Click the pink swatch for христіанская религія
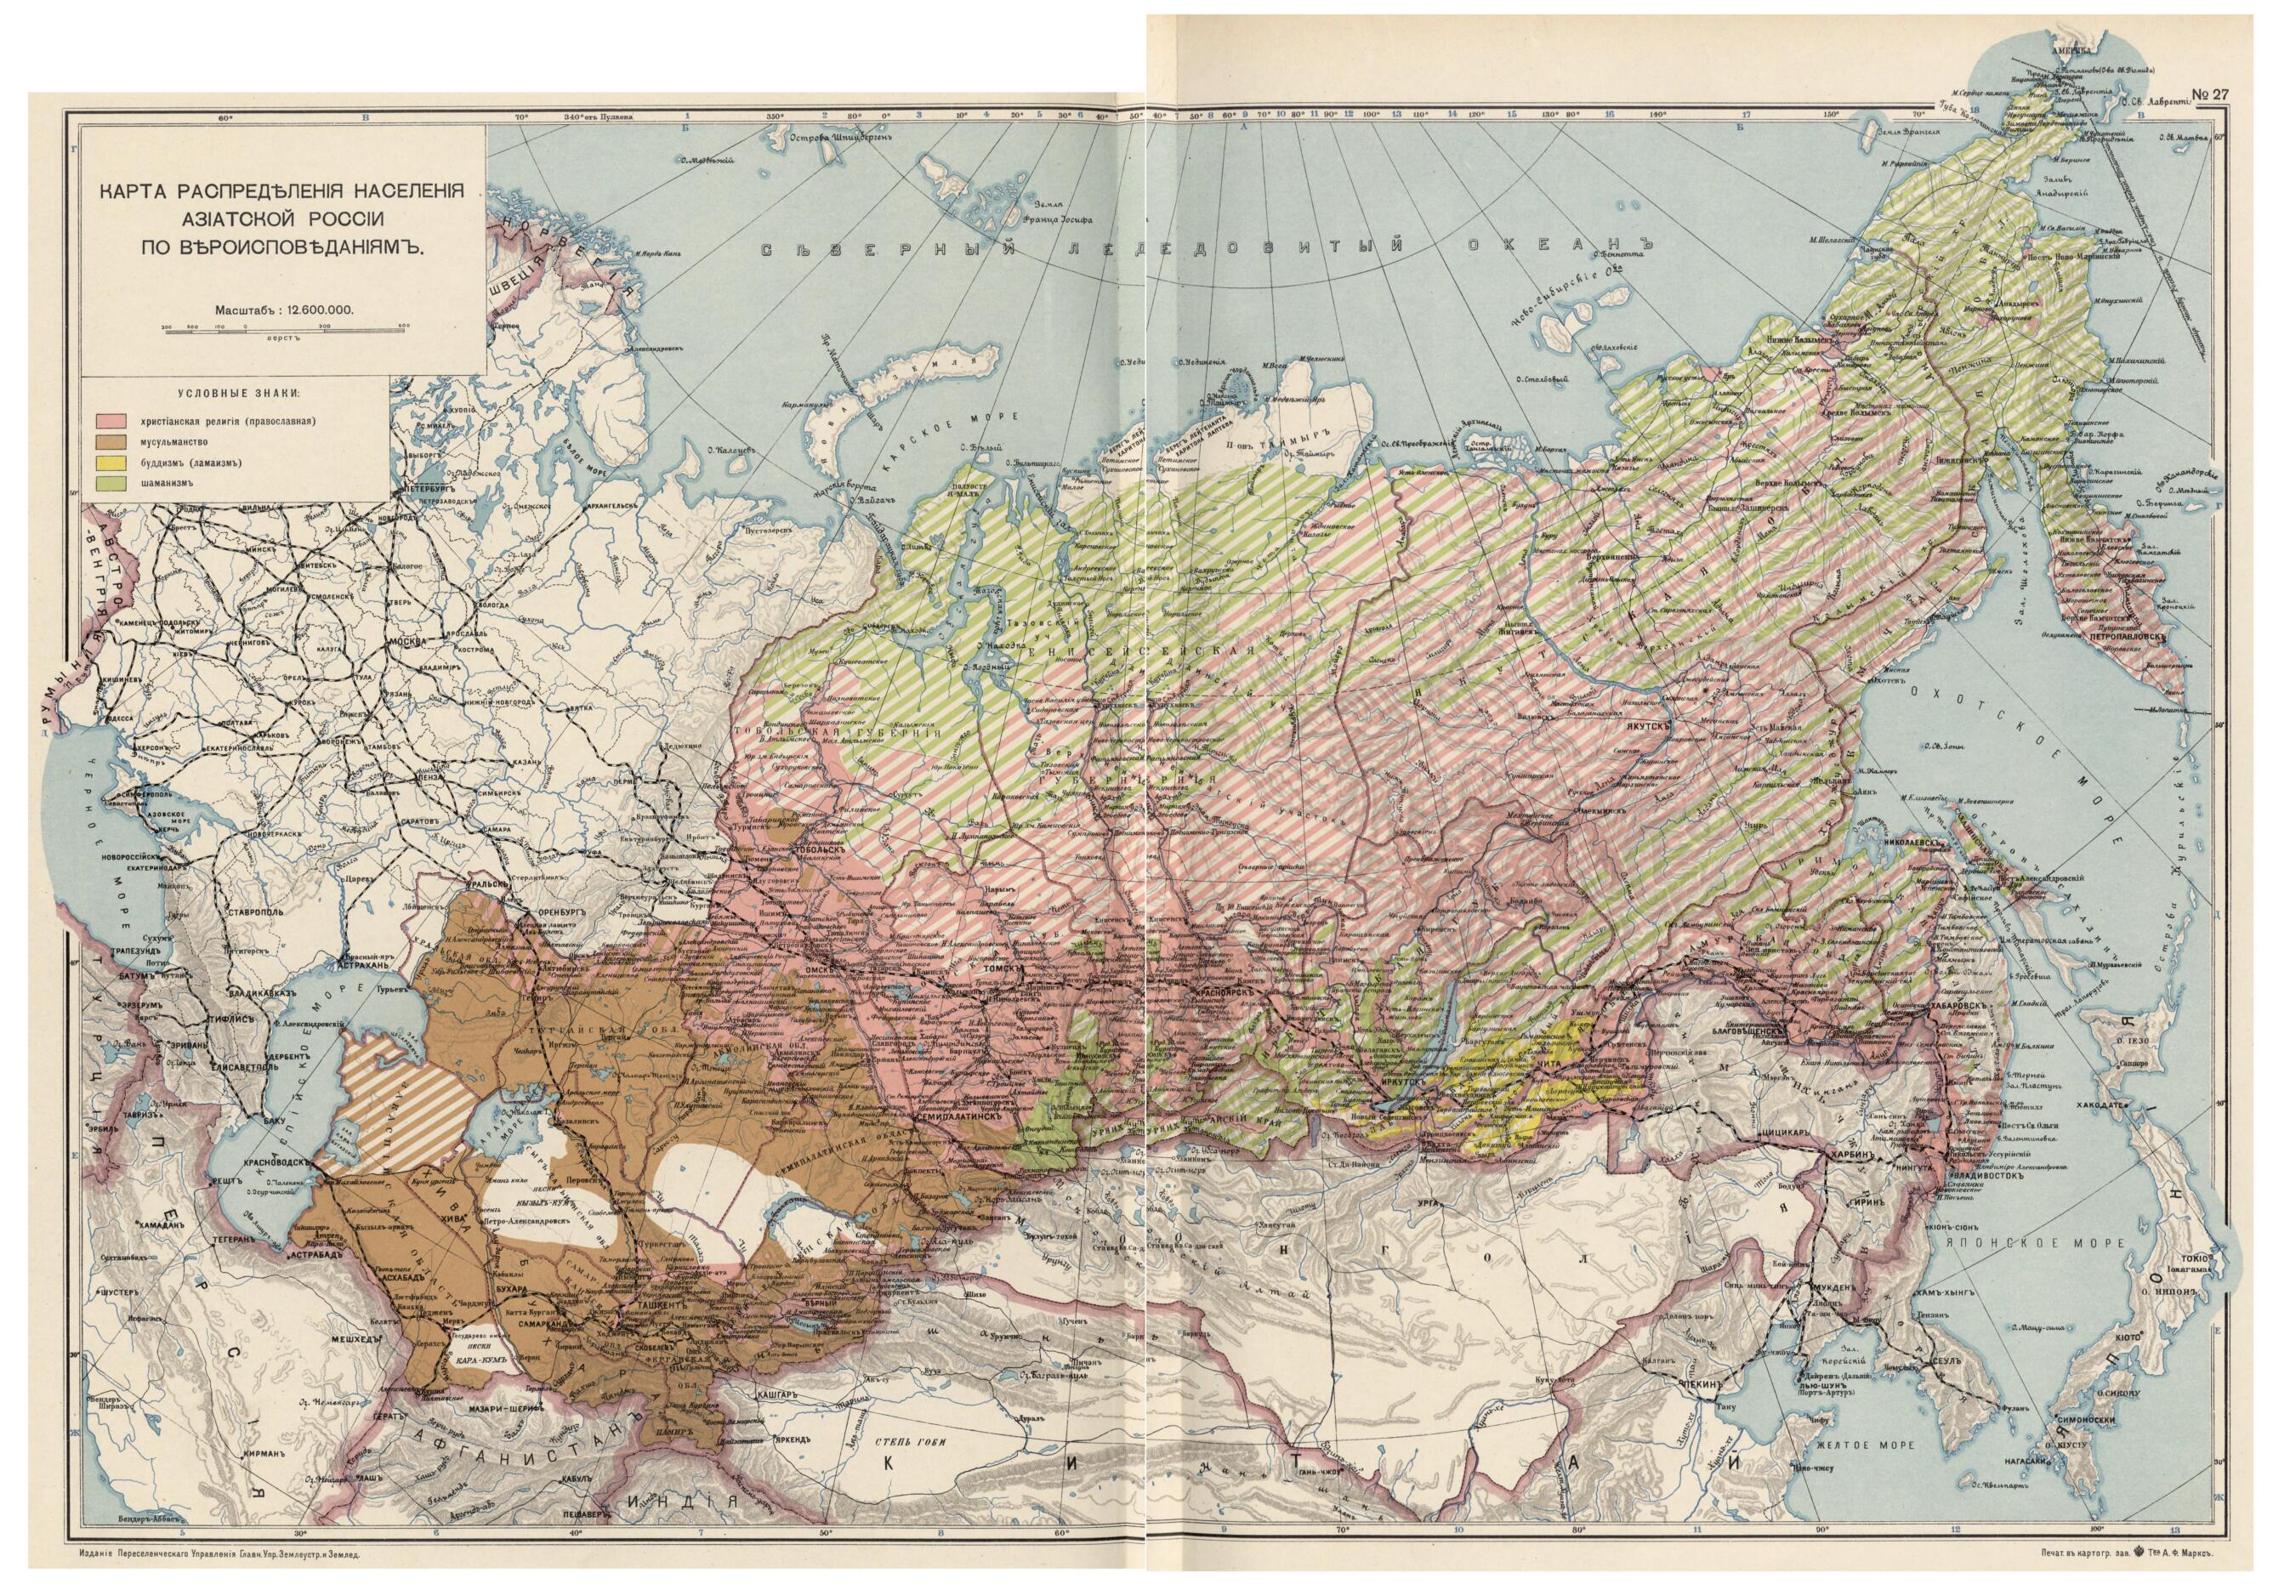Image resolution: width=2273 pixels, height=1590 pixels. point(108,420)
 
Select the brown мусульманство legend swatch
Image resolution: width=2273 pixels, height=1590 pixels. point(108,440)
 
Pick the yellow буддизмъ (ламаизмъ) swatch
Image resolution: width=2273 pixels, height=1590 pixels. point(108,463)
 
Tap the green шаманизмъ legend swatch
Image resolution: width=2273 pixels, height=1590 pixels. point(108,483)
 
